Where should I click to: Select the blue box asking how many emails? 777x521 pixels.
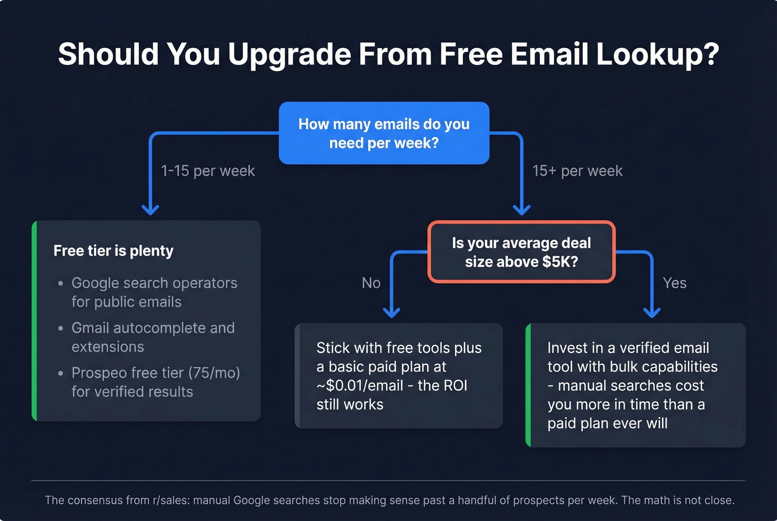(x=384, y=133)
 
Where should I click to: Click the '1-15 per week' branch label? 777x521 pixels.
(x=208, y=171)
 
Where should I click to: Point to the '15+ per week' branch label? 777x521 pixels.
(x=577, y=171)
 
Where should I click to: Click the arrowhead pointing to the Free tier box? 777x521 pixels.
(x=150, y=210)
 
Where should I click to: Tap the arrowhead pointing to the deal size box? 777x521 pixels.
(x=521, y=210)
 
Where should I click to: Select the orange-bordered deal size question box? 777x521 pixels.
(x=521, y=252)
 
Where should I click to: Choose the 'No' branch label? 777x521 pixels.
(x=371, y=283)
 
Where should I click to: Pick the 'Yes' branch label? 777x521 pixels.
(x=674, y=283)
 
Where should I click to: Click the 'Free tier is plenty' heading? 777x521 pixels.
(x=113, y=251)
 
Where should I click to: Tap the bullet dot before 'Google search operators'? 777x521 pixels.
(x=60, y=284)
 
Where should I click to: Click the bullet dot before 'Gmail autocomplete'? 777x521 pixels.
(x=60, y=328)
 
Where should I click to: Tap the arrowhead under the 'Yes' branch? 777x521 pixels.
(x=652, y=312)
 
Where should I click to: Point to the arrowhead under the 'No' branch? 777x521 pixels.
(x=392, y=312)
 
